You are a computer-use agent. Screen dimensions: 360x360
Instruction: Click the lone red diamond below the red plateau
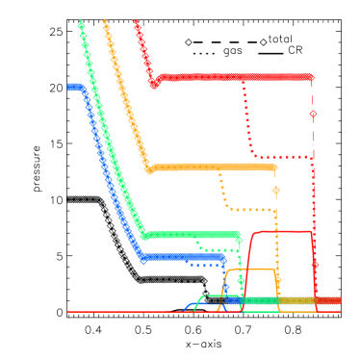coord(313,114)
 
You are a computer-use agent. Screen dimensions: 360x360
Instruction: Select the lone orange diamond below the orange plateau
coord(275,191)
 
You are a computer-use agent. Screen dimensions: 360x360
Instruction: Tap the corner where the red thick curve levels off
coord(154,84)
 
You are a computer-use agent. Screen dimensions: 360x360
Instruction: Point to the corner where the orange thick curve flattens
coord(150,169)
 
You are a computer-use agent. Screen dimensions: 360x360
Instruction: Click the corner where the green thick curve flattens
coord(144,235)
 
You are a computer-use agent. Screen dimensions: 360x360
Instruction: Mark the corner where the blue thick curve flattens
coord(142,257)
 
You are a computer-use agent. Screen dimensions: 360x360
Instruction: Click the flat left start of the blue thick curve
coord(72,88)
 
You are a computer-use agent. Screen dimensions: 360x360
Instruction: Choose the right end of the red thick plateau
coord(310,77)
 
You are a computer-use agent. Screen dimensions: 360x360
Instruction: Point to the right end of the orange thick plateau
coord(273,167)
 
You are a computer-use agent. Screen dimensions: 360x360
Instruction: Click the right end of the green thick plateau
coord(238,234)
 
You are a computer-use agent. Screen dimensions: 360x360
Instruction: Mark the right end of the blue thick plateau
coord(222,257)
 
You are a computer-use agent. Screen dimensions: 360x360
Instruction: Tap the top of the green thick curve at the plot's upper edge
coord(81,23)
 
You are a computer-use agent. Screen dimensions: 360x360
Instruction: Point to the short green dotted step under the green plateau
coord(218,248)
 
